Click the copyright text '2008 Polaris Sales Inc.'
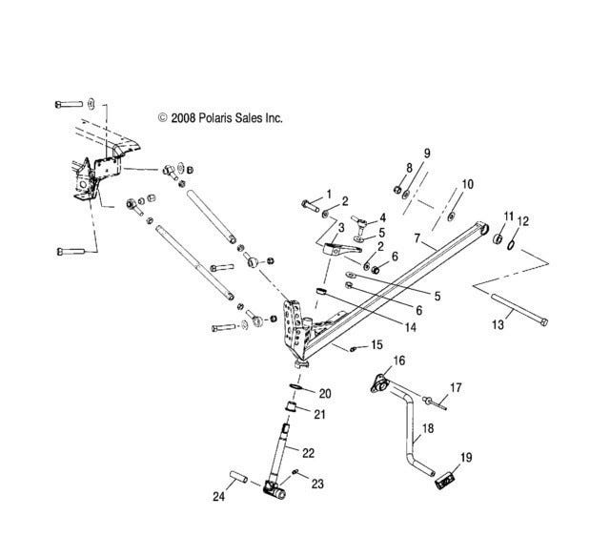tap(227, 118)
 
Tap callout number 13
tap(498, 324)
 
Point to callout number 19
tap(466, 457)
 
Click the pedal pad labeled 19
tap(444, 479)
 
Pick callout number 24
tap(218, 496)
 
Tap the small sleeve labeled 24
tap(239, 477)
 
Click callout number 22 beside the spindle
tap(308, 453)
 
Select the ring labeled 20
tap(295, 386)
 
